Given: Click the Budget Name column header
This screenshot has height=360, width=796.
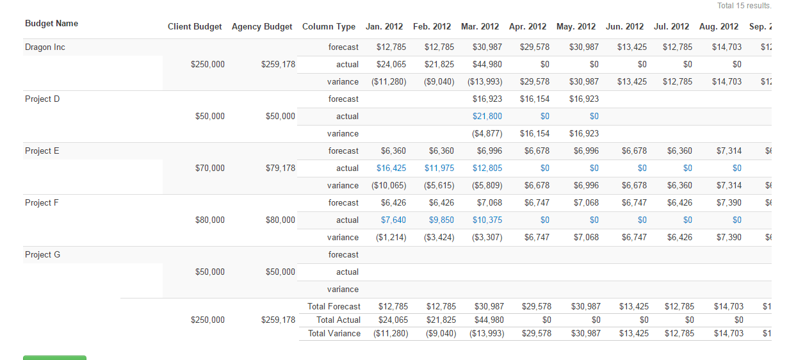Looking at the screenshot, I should [51, 24].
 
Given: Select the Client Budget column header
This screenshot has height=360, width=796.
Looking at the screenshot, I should [195, 27].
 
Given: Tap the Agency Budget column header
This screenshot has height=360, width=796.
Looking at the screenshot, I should [262, 27].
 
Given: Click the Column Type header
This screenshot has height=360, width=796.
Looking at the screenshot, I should [329, 27].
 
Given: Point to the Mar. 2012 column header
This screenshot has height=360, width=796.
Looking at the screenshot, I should [480, 27].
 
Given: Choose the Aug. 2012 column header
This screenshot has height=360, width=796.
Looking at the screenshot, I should [719, 27].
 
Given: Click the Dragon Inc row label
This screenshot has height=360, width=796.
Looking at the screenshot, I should [45, 47].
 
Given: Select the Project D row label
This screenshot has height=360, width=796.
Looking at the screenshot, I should [42, 99].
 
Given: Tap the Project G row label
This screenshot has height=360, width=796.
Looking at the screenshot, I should [42, 255].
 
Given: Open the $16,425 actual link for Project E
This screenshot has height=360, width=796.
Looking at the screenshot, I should [391, 168].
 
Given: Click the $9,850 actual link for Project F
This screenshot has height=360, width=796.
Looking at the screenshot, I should [439, 220].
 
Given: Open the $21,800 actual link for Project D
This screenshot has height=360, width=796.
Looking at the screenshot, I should [487, 117].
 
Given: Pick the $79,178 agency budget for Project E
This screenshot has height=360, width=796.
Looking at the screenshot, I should [280, 168].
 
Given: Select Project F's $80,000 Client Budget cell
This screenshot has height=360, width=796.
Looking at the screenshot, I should [209, 220].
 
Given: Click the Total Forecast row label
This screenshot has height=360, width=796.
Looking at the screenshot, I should [334, 307].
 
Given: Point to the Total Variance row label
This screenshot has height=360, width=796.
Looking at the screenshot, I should [334, 334].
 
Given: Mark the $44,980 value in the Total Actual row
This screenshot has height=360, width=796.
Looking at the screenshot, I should [489, 320].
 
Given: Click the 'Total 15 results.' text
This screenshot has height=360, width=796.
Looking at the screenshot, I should [743, 6].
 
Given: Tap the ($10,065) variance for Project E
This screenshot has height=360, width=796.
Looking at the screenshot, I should [388, 186].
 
